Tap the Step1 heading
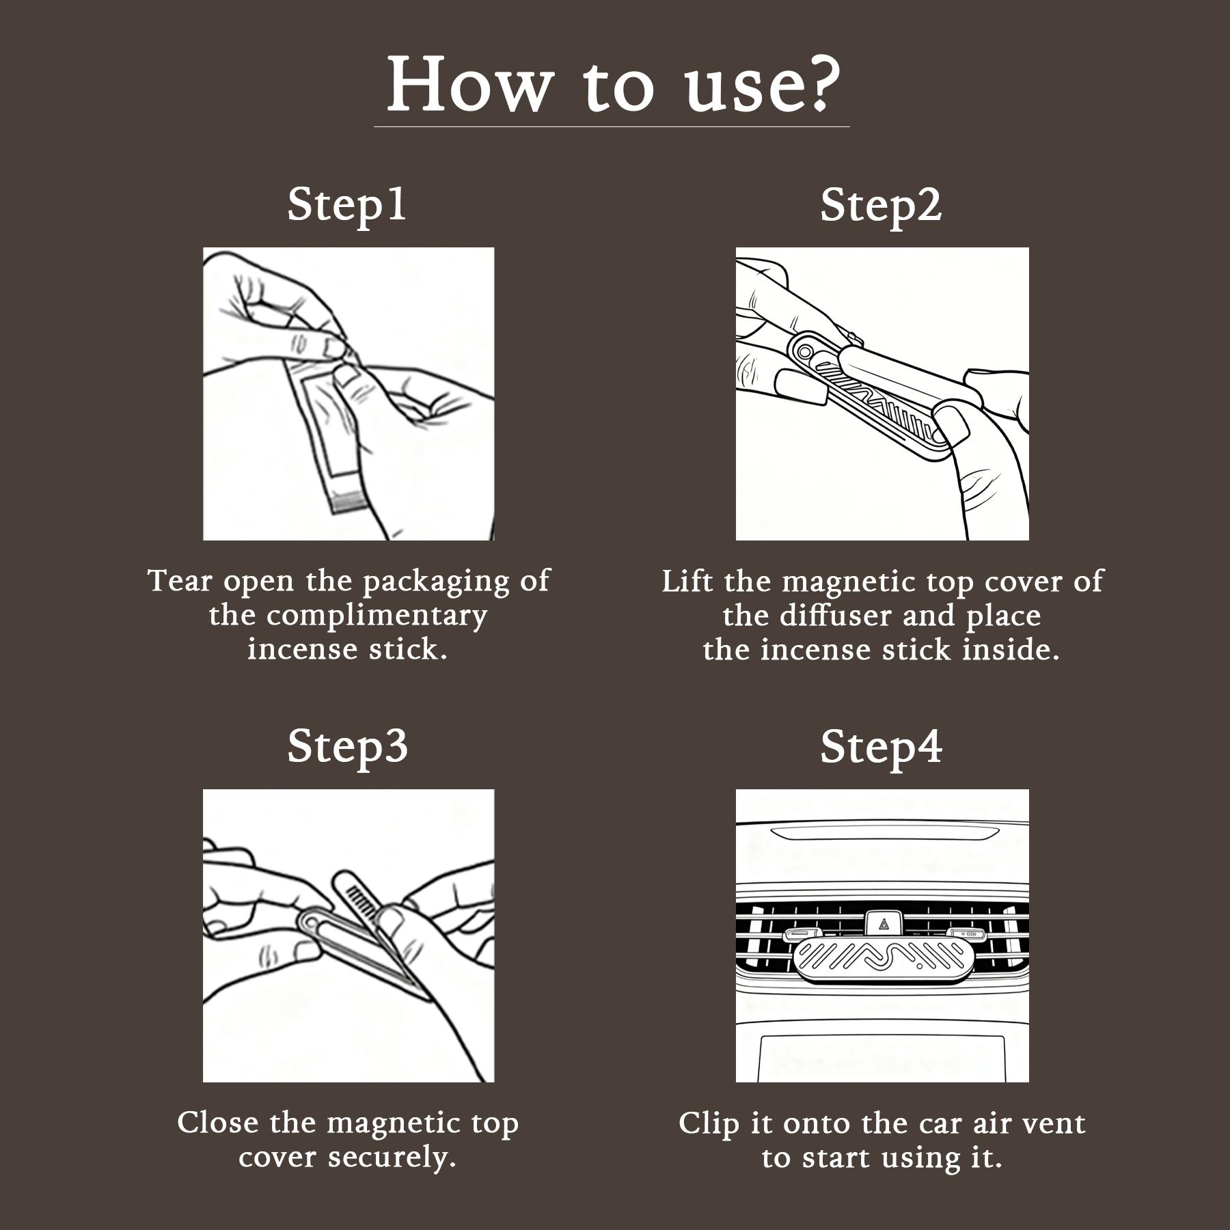coord(347,204)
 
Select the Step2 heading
coord(881,205)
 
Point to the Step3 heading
coord(347,746)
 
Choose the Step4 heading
coord(881,747)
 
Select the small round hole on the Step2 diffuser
coord(806,351)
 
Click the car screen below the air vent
coord(882,1057)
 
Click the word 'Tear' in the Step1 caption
coord(180,582)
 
